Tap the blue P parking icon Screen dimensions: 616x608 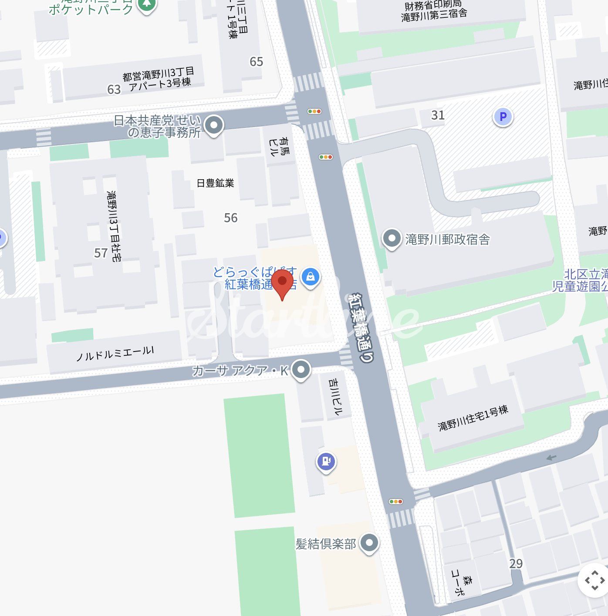click(x=503, y=117)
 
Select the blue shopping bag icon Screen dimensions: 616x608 click(x=310, y=276)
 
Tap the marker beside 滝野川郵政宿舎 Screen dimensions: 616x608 click(x=392, y=238)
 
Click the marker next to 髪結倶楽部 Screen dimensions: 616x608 click(x=370, y=542)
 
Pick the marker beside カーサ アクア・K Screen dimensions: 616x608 click(x=301, y=370)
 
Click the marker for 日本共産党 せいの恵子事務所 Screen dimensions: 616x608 click(x=213, y=125)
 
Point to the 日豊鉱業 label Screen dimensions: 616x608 click(x=215, y=183)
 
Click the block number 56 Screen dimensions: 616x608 click(x=231, y=218)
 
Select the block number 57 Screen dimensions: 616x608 click(x=101, y=253)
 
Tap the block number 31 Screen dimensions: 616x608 click(x=438, y=115)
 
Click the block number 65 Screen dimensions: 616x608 click(x=256, y=62)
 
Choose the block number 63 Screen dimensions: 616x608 click(x=114, y=89)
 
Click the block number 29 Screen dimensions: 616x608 click(x=516, y=564)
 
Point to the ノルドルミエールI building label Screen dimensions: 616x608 click(x=115, y=354)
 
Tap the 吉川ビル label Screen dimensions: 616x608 click(x=336, y=396)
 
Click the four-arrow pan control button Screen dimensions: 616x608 click(x=594, y=580)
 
